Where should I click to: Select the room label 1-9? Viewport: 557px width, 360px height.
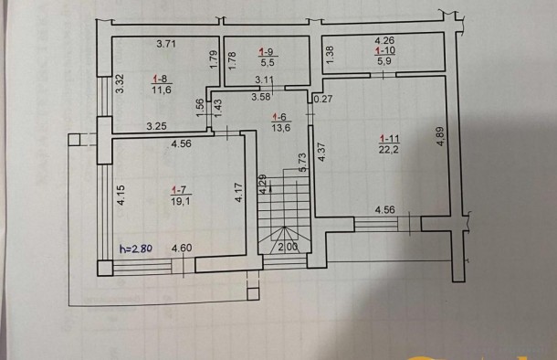pos(265,52)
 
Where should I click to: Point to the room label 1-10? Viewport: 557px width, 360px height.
pos(384,51)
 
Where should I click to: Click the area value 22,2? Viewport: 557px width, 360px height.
pos(392,150)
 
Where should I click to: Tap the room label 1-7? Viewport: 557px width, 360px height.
pos(178,189)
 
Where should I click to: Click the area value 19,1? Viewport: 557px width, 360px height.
pos(178,200)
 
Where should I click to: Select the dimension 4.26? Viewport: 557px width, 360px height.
pos(384,40)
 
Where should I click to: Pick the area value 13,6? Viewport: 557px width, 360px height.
pos(282,129)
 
